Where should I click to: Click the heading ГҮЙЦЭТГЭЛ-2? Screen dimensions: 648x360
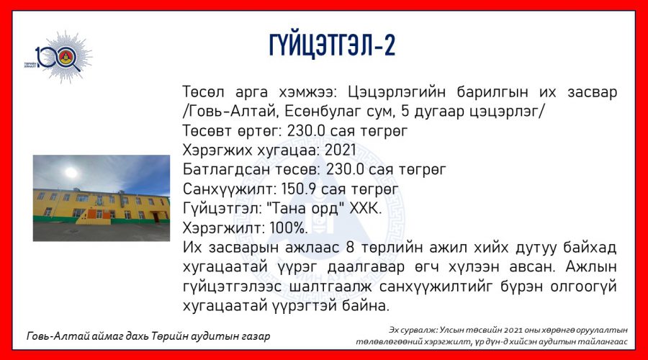(x=332, y=45)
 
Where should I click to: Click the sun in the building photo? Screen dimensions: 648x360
(x=71, y=172)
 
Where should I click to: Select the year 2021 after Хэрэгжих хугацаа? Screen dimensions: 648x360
(x=340, y=150)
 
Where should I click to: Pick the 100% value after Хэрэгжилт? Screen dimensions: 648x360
(x=289, y=228)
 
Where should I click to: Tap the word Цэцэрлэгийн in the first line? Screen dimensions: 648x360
(x=396, y=91)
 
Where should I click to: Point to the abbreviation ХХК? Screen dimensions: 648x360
(x=365, y=208)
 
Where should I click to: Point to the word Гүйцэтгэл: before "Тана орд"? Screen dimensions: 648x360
(x=222, y=208)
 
